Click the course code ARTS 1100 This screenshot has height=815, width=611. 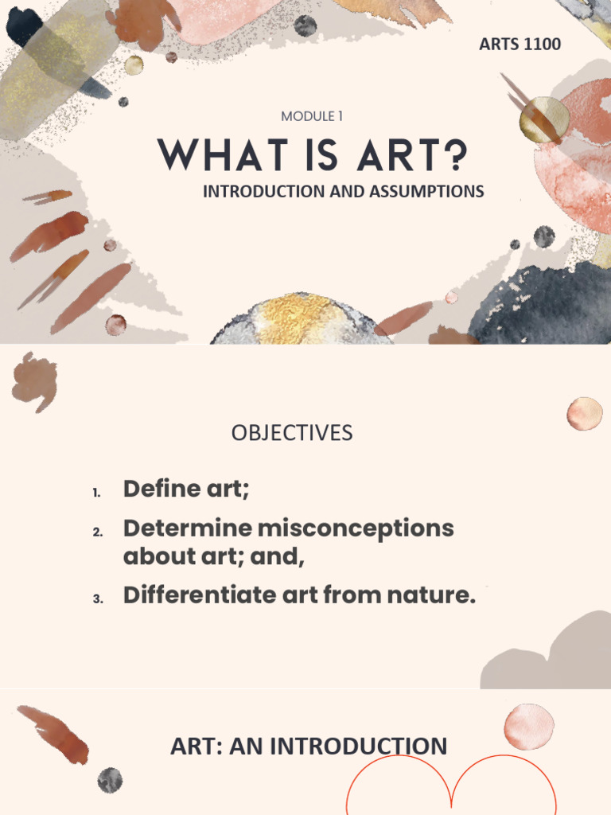click(520, 44)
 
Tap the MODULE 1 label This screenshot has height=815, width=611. click(312, 116)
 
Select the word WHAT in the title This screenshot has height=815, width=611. click(209, 155)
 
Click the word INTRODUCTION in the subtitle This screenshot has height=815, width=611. click(263, 191)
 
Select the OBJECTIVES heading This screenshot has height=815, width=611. click(292, 432)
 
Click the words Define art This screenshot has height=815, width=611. click(185, 488)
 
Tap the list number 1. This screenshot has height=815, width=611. click(96, 493)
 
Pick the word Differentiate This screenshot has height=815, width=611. click(189, 595)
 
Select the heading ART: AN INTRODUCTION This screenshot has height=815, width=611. click(309, 747)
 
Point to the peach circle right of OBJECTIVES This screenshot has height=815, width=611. click(585, 414)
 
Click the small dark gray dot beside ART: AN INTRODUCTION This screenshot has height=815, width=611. click(110, 780)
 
